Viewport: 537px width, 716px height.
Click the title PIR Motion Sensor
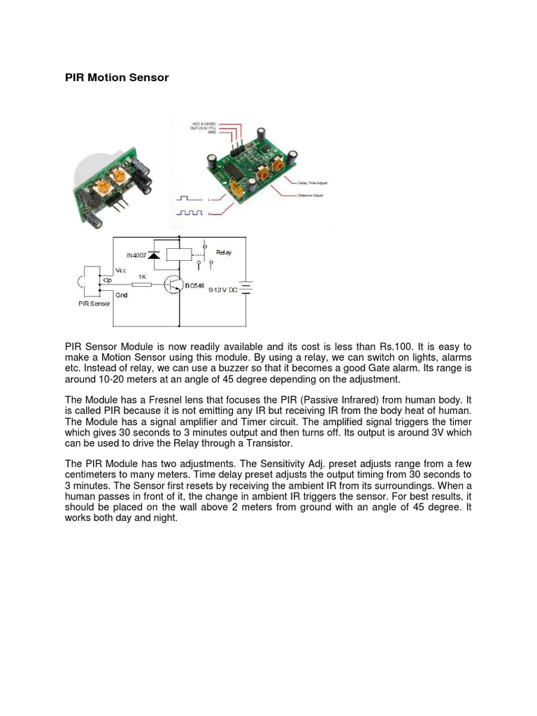click(x=117, y=78)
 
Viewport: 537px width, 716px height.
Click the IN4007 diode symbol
click(x=153, y=255)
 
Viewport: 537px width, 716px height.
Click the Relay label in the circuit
click(x=224, y=252)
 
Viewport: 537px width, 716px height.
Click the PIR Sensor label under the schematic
click(x=94, y=303)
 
